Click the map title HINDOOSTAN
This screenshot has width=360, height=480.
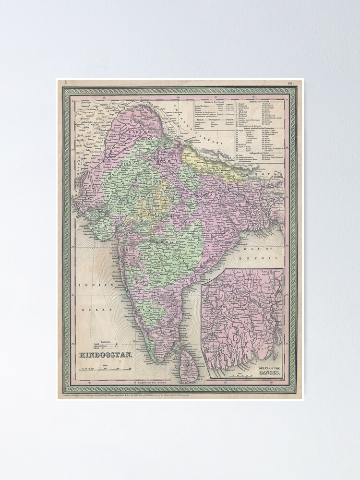(x=100, y=355)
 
